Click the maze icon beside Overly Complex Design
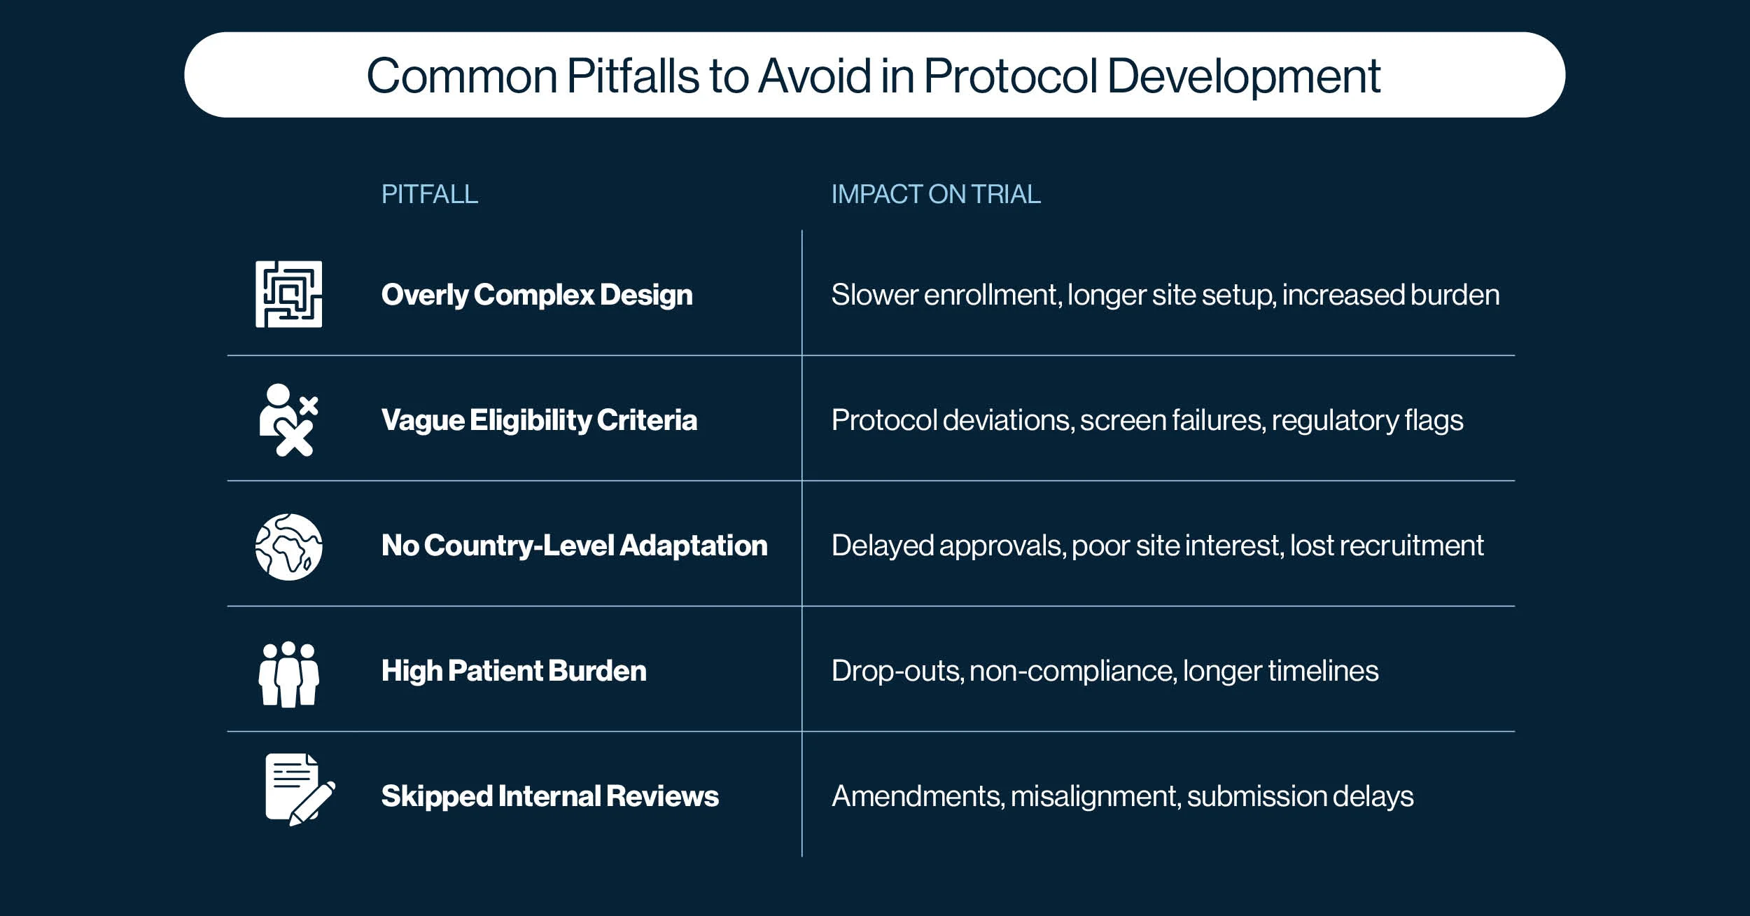pyautogui.click(x=288, y=294)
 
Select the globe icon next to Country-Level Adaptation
pyautogui.click(x=288, y=546)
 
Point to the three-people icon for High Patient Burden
pyautogui.click(x=288, y=674)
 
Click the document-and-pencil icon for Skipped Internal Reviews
pyautogui.click(x=300, y=789)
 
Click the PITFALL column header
pyautogui.click(x=429, y=194)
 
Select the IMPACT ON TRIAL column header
pyautogui.click(x=935, y=194)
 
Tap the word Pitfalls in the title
pyautogui.click(x=632, y=75)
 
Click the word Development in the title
pyautogui.click(x=1243, y=76)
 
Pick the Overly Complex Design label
pyautogui.click(x=537, y=295)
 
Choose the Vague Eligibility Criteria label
pyautogui.click(x=539, y=420)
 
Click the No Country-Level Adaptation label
pyautogui.click(x=574, y=546)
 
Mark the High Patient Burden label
pyautogui.click(x=514, y=671)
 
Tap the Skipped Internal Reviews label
pyautogui.click(x=549, y=796)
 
